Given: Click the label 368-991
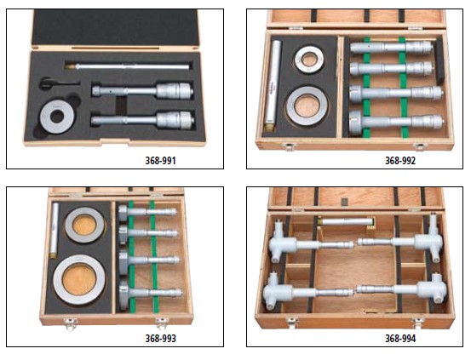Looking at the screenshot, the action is (160, 161).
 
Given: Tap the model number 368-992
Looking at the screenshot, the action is (400, 161).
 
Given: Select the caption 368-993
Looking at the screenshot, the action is (160, 339).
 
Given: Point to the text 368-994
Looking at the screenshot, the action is (400, 339).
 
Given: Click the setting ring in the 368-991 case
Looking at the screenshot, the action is (48, 117).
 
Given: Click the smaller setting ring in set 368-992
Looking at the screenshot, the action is (309, 60).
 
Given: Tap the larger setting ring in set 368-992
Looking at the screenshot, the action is (307, 106).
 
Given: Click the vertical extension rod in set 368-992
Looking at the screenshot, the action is (274, 85).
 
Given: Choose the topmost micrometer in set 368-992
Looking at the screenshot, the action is (392, 47).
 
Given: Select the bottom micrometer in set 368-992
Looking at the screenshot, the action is (396, 122).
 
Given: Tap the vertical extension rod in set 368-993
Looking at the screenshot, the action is (55, 230).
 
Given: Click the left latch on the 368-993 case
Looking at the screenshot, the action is (71, 324).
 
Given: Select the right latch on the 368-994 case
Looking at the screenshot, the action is (418, 323).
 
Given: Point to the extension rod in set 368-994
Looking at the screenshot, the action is (346, 222).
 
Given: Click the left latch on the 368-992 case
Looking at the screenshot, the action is (290, 146).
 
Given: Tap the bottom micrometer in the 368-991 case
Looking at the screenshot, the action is (143, 120).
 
